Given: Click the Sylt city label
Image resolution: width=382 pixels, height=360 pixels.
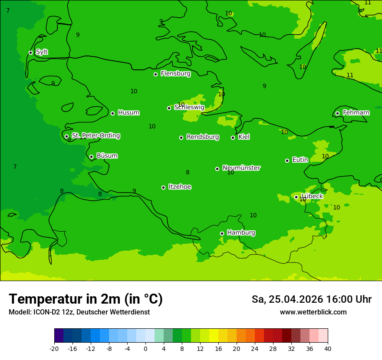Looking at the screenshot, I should [42, 52].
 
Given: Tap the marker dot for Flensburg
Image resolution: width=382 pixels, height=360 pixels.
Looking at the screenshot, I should [155, 74].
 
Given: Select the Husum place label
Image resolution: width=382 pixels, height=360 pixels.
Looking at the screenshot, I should [128, 113].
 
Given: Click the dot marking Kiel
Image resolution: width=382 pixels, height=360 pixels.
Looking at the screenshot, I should [233, 137].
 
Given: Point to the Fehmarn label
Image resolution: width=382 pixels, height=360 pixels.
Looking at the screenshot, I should [356, 113].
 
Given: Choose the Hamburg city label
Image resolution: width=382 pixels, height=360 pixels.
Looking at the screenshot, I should [241, 233].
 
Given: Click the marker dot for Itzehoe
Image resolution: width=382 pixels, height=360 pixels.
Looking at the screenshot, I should [163, 187].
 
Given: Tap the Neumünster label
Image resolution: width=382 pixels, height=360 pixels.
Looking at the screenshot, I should [241, 168].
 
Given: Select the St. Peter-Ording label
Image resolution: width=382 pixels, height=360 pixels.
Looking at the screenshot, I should [95, 136].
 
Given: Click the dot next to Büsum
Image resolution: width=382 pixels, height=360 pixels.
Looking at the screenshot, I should [91, 157].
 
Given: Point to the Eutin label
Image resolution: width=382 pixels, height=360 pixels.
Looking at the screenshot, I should [300, 160].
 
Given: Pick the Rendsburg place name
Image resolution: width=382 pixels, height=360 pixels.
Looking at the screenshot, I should [203, 137].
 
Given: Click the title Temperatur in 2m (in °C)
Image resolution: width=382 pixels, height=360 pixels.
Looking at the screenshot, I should [86, 299].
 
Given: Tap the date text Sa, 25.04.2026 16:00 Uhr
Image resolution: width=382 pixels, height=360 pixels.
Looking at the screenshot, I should [311, 299].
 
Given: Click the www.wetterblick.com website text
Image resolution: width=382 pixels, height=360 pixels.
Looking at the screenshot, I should [313, 312].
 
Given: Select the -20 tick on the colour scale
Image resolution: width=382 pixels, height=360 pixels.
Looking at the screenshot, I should [54, 348].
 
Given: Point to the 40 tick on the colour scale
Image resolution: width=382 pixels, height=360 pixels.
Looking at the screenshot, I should [328, 348].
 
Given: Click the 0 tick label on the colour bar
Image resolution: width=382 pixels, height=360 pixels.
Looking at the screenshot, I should [145, 348].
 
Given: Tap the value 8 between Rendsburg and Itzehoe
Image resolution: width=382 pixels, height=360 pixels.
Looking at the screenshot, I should [188, 172].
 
